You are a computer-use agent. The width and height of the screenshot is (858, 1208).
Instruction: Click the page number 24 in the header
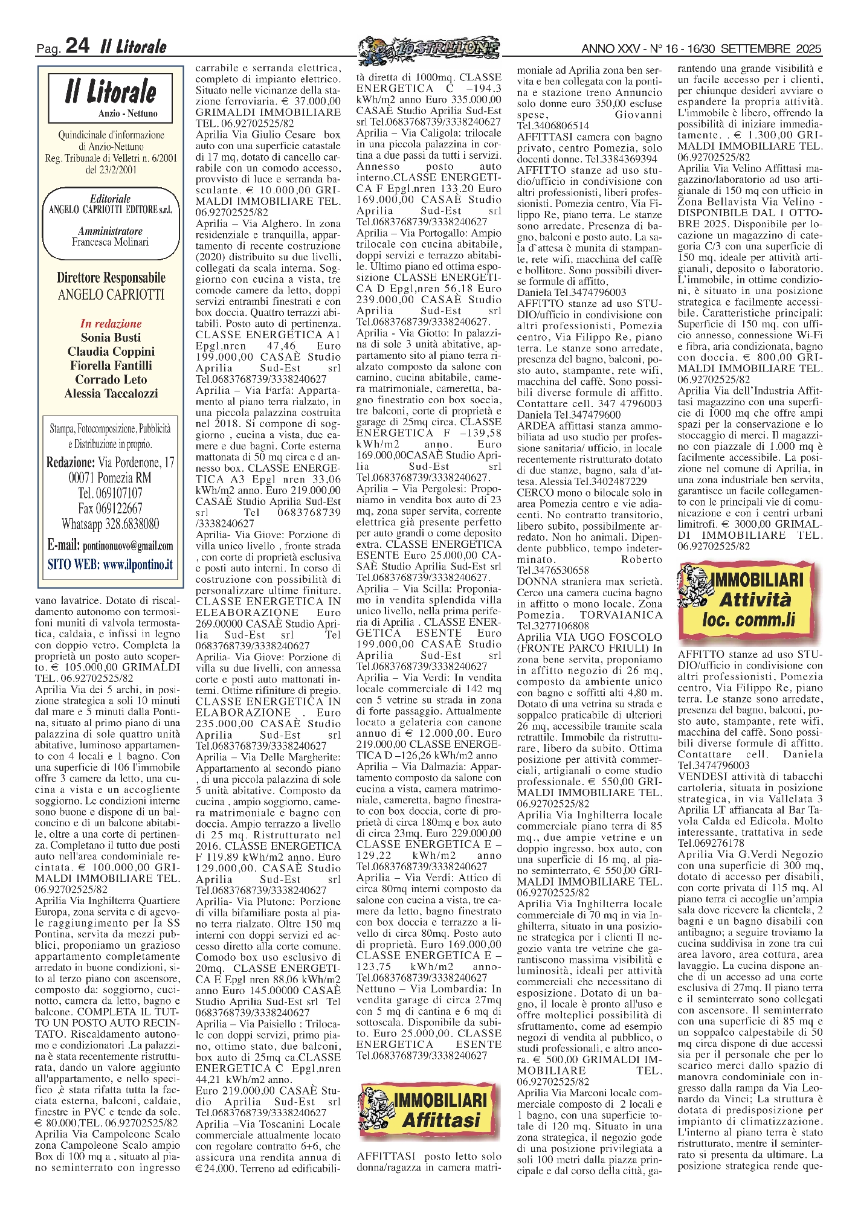click(77, 46)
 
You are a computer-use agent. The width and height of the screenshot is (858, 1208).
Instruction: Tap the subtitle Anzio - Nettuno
click(127, 114)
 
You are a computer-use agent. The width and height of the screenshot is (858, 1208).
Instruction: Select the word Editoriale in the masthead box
click(110, 199)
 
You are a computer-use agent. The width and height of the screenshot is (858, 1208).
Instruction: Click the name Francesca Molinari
click(110, 242)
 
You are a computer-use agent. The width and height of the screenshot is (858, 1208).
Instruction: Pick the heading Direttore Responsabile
click(111, 278)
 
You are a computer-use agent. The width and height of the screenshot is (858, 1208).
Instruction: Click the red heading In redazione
click(111, 324)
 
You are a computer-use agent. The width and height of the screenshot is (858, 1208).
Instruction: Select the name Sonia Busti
click(111, 338)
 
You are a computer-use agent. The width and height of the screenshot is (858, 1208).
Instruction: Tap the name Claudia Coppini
click(111, 352)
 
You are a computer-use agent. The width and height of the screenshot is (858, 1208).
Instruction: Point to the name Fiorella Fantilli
click(111, 365)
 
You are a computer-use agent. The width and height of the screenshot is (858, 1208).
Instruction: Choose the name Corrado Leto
click(111, 379)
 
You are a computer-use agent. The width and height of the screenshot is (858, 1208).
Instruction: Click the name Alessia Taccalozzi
click(111, 394)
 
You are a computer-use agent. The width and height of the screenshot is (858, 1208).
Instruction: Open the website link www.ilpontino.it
click(138, 565)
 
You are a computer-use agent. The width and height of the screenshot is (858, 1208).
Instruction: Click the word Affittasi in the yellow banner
click(441, 1120)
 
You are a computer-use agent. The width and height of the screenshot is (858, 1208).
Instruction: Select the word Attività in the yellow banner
click(754, 600)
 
